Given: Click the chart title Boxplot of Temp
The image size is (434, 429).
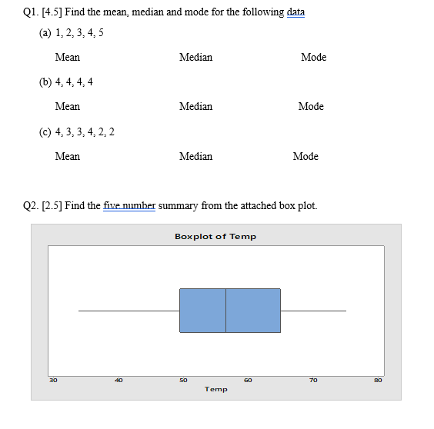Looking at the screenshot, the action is click(215, 236).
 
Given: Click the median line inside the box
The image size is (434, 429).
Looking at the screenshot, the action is click(225, 311).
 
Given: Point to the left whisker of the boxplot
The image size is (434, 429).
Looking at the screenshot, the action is click(129, 311).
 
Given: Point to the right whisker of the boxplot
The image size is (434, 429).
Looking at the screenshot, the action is click(313, 311).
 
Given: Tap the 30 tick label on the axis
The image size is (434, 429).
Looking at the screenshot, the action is click(53, 379).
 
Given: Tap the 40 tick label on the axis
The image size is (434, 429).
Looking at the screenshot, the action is click(118, 379).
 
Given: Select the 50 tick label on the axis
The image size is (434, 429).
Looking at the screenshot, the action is click(183, 379).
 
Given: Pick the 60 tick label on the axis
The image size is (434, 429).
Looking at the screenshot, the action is click(248, 379).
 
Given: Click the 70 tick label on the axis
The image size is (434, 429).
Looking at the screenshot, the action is click(312, 379).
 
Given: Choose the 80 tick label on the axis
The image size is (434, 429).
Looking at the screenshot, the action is click(378, 379).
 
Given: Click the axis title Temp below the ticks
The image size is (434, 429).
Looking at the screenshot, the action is click(216, 389).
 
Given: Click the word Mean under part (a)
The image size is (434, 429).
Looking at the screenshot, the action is click(68, 57).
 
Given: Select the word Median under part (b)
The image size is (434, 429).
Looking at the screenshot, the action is click(195, 107).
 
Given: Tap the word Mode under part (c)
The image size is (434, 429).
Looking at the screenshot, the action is click(305, 156).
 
